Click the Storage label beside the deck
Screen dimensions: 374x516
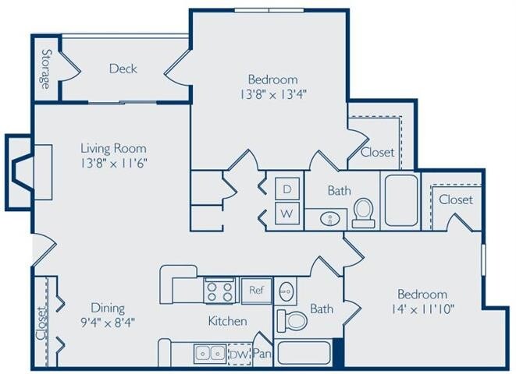pyautogui.click(x=46, y=69)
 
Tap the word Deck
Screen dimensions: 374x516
pyautogui.click(x=123, y=69)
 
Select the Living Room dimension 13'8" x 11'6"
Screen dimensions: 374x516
pyautogui.click(x=114, y=163)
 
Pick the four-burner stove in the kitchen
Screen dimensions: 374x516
pyautogui.click(x=219, y=290)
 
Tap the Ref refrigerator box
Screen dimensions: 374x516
pyautogui.click(x=255, y=289)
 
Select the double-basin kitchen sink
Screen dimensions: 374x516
pyautogui.click(x=210, y=353)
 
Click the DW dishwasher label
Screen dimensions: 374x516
pyautogui.click(x=237, y=355)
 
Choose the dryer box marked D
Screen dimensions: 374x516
pyautogui.click(x=286, y=189)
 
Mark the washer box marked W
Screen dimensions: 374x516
pyautogui.click(x=286, y=213)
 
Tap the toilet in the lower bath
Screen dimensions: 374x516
pyautogui.click(x=294, y=319)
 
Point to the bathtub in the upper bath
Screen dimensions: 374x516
pyautogui.click(x=400, y=199)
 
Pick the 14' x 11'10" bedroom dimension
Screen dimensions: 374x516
pyautogui.click(x=422, y=309)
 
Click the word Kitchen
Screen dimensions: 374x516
pyautogui.click(x=227, y=321)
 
